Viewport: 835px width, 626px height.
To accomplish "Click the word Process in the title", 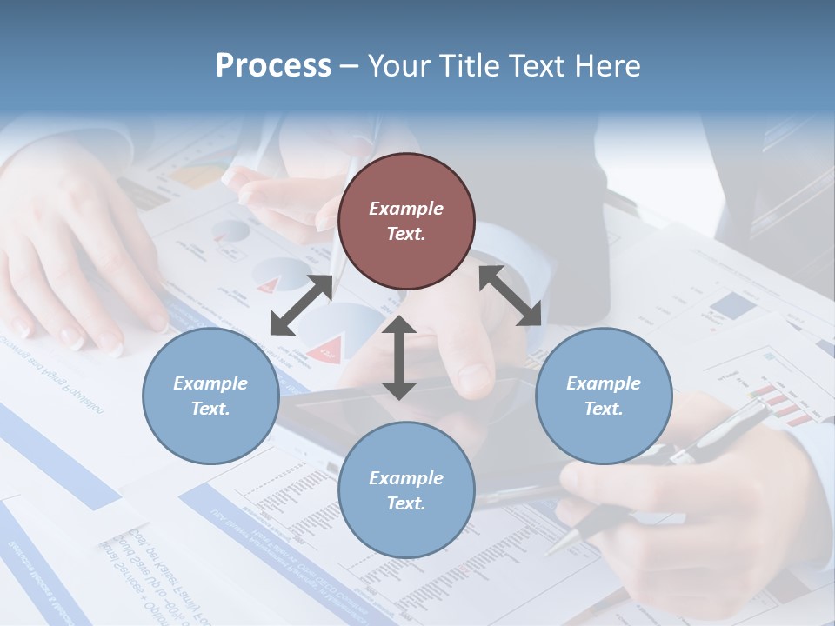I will click(273, 66).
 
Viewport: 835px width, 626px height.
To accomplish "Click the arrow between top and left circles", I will click(301, 305).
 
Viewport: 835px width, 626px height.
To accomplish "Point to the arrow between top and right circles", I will click(511, 296).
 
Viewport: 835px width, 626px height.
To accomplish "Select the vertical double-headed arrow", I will click(398, 357).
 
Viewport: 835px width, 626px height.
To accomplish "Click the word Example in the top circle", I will click(406, 209).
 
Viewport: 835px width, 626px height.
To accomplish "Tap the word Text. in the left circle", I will click(210, 409).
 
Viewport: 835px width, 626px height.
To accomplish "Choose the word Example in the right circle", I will click(604, 383).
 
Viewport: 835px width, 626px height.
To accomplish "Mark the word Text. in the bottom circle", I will click(406, 503).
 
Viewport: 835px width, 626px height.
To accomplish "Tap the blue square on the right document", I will click(732, 305).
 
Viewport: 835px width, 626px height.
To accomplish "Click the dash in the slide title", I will click(350, 67).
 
